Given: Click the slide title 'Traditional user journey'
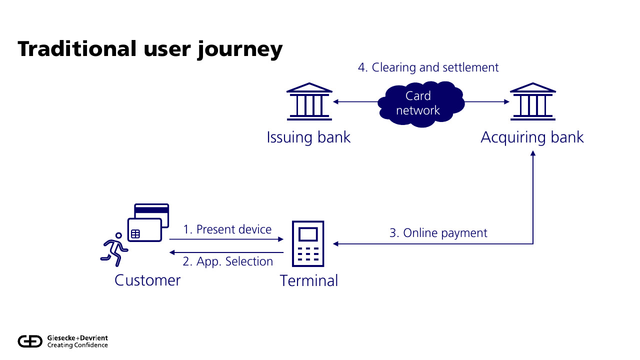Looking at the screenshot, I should click(x=150, y=49).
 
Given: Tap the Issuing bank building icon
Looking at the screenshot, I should click(x=309, y=101).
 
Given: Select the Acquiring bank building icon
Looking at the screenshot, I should click(x=532, y=101).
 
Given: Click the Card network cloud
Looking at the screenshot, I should click(x=418, y=103).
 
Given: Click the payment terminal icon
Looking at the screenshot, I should click(x=308, y=243).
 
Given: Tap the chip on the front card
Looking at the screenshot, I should click(x=135, y=233).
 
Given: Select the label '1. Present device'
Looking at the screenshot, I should click(x=227, y=229).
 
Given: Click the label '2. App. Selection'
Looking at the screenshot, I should click(x=227, y=261).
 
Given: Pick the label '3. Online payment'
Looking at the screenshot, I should click(x=438, y=232).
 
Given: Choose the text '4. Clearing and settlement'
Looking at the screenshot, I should click(x=428, y=67).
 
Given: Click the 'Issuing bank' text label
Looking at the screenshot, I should click(x=308, y=137).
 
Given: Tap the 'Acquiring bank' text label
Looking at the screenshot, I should click(x=532, y=137).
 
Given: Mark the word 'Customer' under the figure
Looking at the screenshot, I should click(x=147, y=280).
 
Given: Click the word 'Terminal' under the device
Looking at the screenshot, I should click(x=308, y=280).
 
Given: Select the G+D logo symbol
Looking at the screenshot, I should click(x=31, y=341).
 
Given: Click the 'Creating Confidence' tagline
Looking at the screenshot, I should click(x=77, y=345).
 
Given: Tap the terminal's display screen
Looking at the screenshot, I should click(x=308, y=234).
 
